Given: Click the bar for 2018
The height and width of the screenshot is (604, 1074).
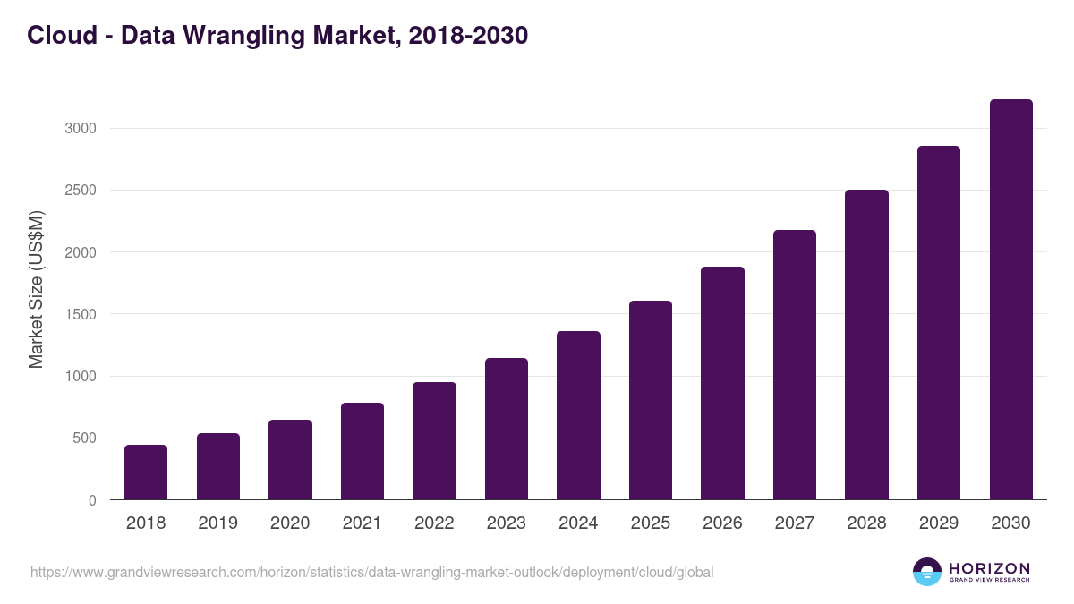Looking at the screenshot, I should pyautogui.click(x=146, y=472).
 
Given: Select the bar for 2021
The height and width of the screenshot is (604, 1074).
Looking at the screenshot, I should pyautogui.click(x=362, y=451).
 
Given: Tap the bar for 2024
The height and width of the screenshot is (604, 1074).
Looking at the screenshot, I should pyautogui.click(x=578, y=415).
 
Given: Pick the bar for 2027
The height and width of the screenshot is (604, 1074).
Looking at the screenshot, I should pyautogui.click(x=795, y=365).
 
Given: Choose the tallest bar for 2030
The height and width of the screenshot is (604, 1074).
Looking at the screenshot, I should pyautogui.click(x=1010, y=300).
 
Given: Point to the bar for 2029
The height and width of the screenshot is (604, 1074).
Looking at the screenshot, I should pyautogui.click(x=939, y=323).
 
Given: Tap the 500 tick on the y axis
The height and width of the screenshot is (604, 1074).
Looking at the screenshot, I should pyautogui.click(x=84, y=438).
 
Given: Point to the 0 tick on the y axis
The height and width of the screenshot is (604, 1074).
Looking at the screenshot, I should pyautogui.click(x=92, y=501).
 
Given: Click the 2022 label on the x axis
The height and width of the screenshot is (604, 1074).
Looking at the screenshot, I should pyautogui.click(x=434, y=523).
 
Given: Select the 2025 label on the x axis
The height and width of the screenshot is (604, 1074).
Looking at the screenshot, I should pyautogui.click(x=651, y=523).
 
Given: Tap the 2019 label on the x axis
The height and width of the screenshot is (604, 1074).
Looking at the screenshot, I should pyautogui.click(x=218, y=523).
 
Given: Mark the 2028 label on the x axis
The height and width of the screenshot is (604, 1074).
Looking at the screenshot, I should pyautogui.click(x=866, y=523).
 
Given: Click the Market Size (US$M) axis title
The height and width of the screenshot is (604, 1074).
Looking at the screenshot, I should pyautogui.click(x=36, y=289).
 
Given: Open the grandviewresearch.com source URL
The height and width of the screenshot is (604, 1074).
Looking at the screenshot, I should pyautogui.click(x=372, y=572).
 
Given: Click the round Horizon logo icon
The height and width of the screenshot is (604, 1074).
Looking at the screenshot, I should pyautogui.click(x=927, y=572).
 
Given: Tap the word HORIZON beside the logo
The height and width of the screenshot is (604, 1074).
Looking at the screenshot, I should pyautogui.click(x=989, y=568).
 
